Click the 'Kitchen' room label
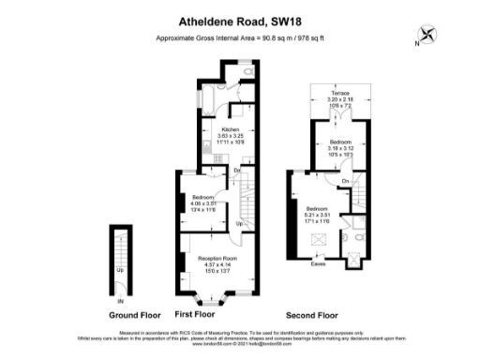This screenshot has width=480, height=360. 230,129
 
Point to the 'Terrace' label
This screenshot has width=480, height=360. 335,94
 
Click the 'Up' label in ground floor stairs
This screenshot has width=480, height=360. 118,270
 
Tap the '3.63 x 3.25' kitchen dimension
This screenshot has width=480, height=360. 230,136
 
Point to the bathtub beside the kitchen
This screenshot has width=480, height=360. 208,100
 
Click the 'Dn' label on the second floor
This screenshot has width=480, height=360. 345,180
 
